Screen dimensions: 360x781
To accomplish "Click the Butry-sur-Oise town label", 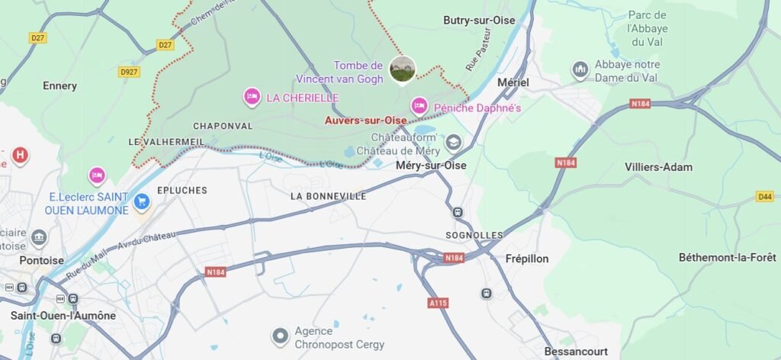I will pos(480,21).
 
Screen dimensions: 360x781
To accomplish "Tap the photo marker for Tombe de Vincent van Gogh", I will pos(402,69).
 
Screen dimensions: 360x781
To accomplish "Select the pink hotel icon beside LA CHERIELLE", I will pos(251,97).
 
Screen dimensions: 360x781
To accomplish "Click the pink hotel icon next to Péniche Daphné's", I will pos(419,106).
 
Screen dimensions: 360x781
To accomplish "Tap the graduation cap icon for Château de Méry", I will pos(454,142).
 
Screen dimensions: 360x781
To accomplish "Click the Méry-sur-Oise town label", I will pos(431,165).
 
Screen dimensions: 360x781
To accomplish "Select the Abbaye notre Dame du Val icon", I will pos(580,69).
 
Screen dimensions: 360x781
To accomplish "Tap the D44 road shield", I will pos(765,197).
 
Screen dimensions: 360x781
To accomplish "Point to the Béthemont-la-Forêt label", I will pos(728,258).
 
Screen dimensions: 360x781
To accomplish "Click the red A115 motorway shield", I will pos(438,303).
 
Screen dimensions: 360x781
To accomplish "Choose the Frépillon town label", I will pos(526,259).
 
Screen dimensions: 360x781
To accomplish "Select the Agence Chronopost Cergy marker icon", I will pos(281,334).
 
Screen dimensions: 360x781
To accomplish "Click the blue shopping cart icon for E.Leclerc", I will pos(141,202).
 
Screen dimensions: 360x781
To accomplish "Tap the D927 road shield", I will pos(128,72).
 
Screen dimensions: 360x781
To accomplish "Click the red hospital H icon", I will pos(21,156).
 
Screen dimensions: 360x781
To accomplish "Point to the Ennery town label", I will pos(59,85).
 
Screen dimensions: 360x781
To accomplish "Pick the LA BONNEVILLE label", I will pos(329,196).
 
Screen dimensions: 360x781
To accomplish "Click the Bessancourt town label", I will pos(576,352).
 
